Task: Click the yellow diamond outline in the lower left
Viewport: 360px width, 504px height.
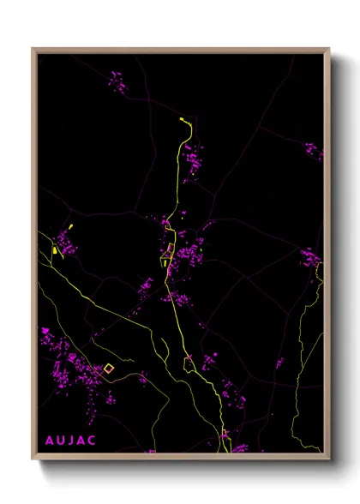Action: coord(108,369)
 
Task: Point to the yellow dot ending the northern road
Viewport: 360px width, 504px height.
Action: coord(183,120)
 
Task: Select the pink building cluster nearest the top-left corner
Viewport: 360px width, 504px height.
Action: coord(117,82)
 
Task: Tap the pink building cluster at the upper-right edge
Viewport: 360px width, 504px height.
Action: coord(313,152)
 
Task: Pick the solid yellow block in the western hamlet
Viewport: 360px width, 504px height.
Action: coord(54,250)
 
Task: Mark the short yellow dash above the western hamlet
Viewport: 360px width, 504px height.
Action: coord(69,228)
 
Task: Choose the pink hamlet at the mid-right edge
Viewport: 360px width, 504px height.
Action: coord(310,257)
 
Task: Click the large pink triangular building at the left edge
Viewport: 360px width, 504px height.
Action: coord(45,329)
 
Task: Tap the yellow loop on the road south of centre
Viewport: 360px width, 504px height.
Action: coord(189,363)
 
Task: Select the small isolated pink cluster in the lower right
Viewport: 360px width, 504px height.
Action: coord(279,363)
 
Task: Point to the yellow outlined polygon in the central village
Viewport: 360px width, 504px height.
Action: coord(170,249)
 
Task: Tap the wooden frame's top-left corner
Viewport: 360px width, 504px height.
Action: coord(33,50)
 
